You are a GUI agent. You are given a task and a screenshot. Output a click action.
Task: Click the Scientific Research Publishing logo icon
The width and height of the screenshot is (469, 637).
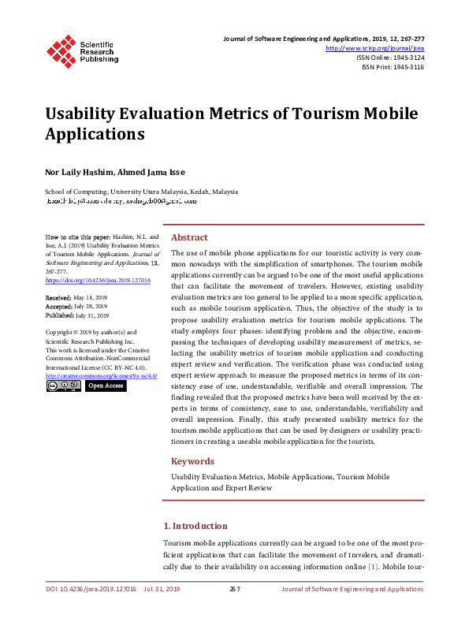(x=61, y=49)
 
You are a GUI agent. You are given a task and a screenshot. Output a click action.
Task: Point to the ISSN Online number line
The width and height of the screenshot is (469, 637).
(x=389, y=58)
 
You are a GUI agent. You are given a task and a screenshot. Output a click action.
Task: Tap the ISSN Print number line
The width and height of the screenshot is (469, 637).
(x=393, y=67)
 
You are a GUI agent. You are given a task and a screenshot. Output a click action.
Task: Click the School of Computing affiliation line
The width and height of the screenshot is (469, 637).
(x=141, y=192)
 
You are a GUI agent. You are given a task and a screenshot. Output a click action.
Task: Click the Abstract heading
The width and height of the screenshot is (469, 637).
(x=189, y=237)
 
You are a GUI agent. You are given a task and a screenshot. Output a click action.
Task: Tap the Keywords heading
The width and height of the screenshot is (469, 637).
(x=192, y=461)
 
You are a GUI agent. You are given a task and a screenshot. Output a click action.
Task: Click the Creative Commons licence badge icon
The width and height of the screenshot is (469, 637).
(x=63, y=386)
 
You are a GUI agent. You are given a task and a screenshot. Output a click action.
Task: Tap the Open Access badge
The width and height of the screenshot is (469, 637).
(x=105, y=386)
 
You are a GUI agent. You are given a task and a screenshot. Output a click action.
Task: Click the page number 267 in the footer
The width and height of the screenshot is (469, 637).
(x=234, y=589)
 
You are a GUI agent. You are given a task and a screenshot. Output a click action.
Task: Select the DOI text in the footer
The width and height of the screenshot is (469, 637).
(x=91, y=589)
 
